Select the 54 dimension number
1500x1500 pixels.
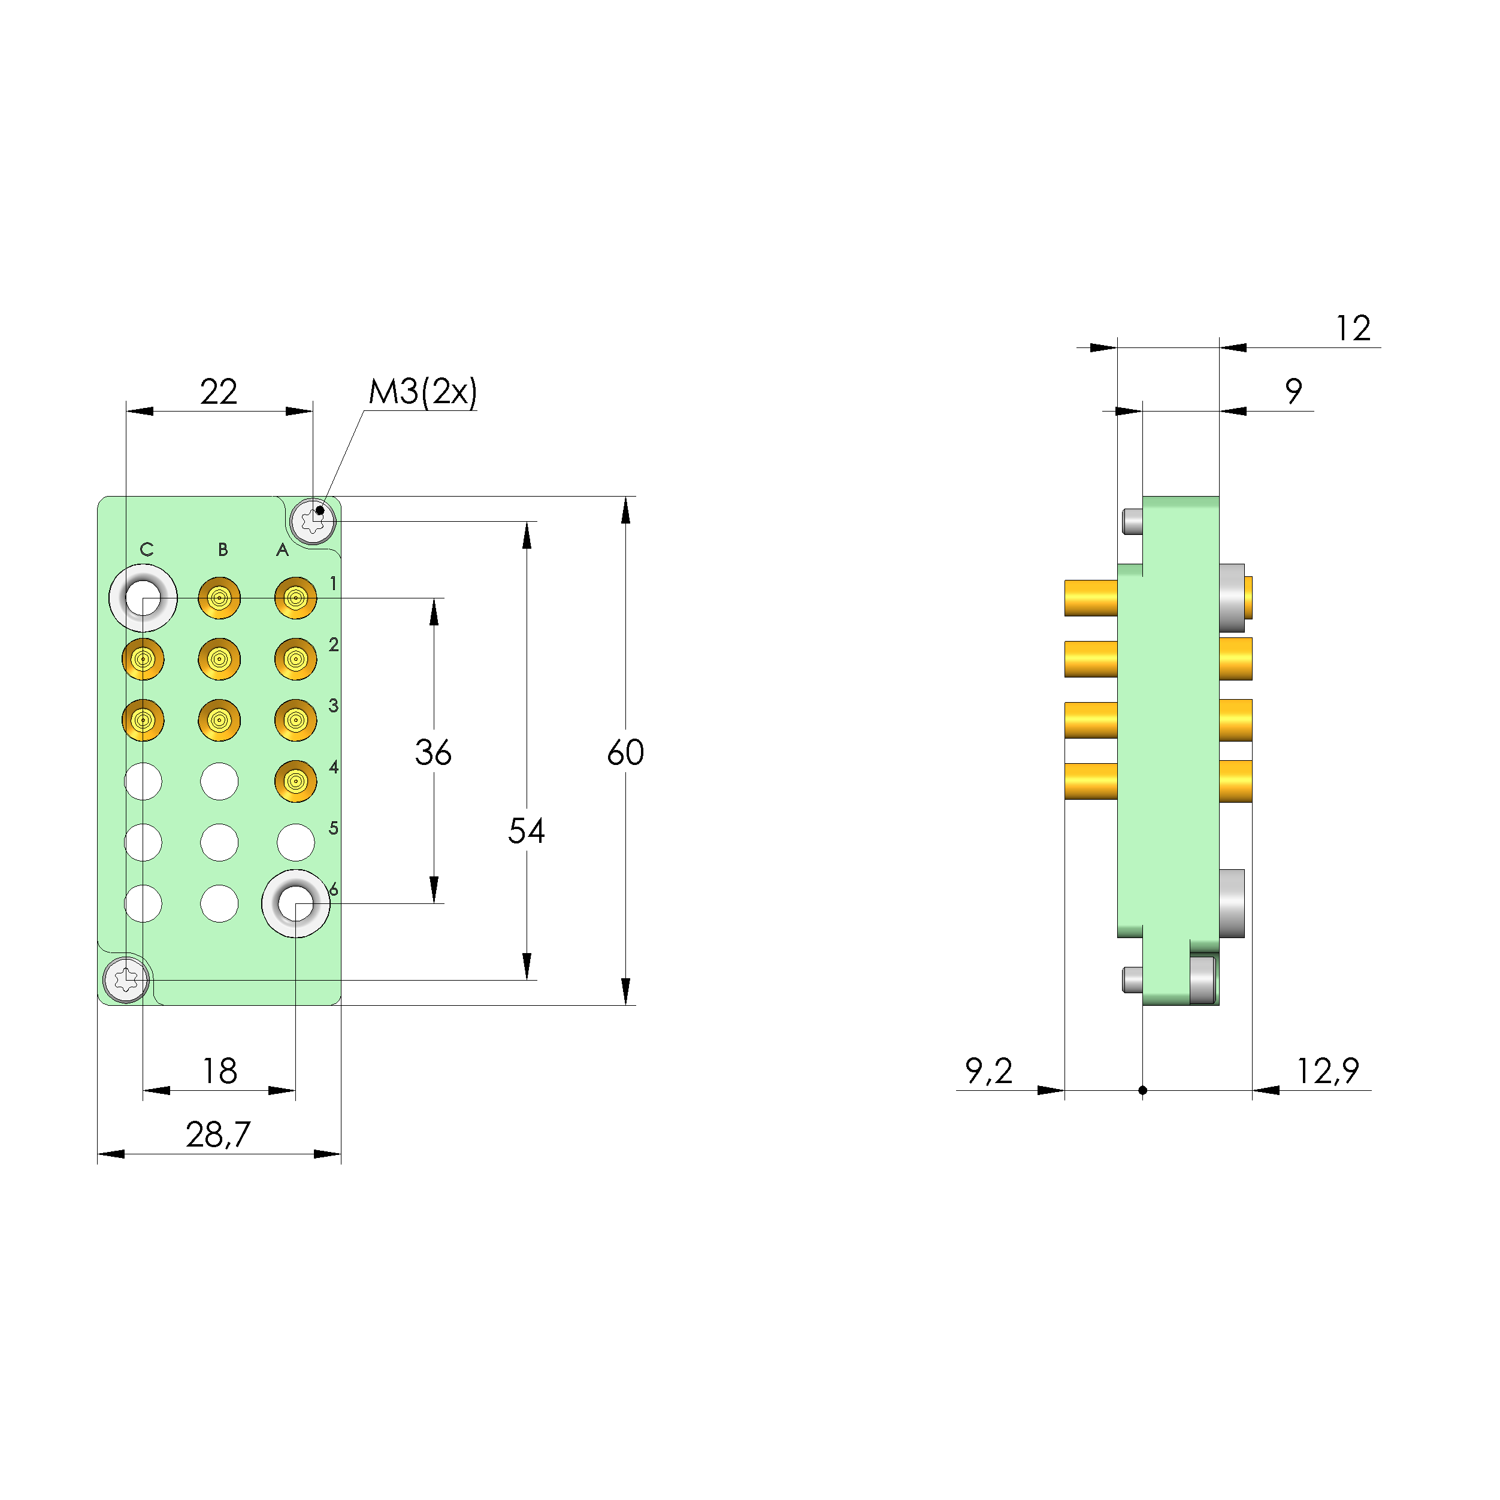point(527,831)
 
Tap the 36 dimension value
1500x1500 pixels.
point(433,752)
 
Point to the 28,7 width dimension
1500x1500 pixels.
point(218,1135)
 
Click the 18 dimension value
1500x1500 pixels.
point(220,1072)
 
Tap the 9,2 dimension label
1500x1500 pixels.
point(988,1072)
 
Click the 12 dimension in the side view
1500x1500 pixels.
point(1353,328)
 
